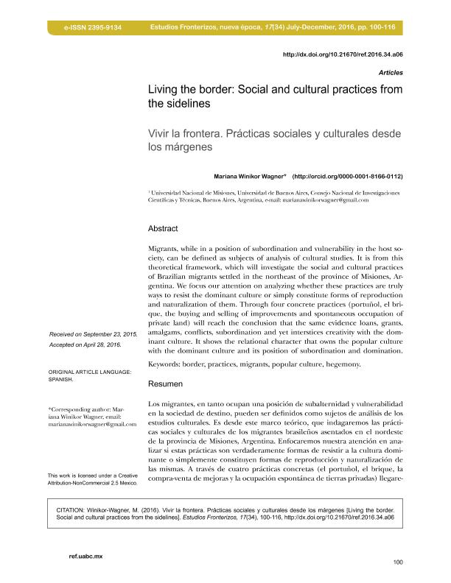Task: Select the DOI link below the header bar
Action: tap(343, 54)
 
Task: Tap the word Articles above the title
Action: tap(390, 74)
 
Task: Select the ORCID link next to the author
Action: tap(348, 177)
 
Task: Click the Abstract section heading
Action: tap(163, 228)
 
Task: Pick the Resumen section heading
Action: tap(166, 384)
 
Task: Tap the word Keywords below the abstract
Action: tap(167, 364)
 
